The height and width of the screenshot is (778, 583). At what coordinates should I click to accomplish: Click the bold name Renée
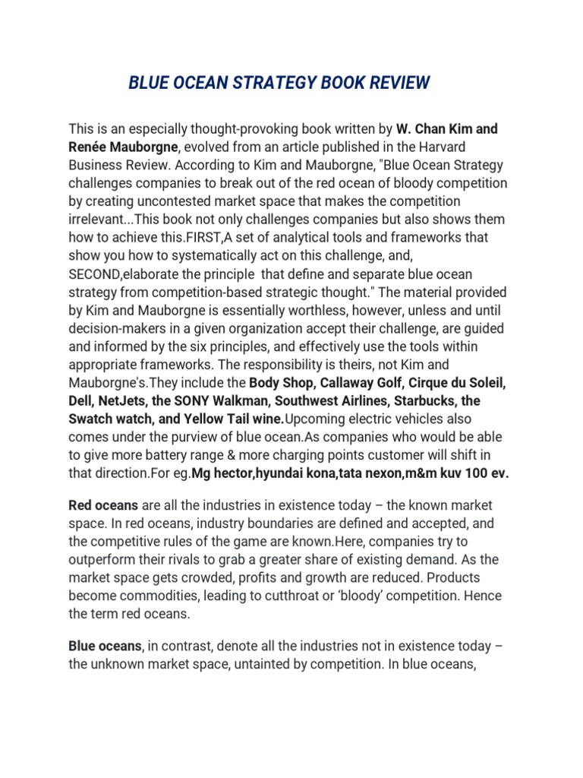click(90, 147)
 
